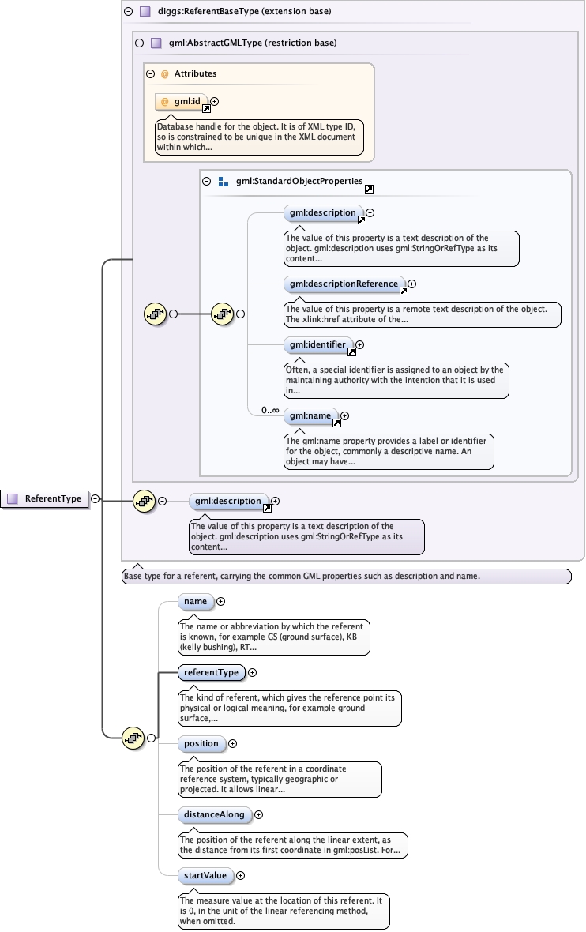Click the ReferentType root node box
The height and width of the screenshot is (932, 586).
click(x=44, y=498)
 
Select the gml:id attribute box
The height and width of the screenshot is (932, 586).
click(x=182, y=102)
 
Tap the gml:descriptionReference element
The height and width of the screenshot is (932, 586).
click(x=344, y=284)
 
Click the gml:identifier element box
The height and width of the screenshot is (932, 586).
click(x=318, y=344)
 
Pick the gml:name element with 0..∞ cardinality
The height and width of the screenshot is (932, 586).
click(x=311, y=416)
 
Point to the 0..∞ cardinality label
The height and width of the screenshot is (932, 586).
click(x=270, y=410)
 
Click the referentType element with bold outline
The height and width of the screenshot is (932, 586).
click(x=211, y=673)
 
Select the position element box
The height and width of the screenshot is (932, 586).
click(x=201, y=743)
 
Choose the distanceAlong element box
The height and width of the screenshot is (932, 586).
click(x=215, y=815)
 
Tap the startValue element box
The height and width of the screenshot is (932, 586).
click(x=205, y=876)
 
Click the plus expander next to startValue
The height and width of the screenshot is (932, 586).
click(x=240, y=876)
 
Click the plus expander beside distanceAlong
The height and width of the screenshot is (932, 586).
click(x=258, y=815)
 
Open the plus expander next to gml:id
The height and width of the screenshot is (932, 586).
click(x=214, y=102)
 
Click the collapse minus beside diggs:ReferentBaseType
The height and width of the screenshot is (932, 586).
click(x=128, y=11)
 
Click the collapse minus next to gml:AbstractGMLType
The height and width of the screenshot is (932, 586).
click(x=139, y=43)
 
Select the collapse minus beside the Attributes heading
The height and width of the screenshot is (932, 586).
click(x=150, y=74)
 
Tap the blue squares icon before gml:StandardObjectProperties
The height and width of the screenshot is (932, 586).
click(x=224, y=182)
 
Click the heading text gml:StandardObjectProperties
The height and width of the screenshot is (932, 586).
click(x=299, y=182)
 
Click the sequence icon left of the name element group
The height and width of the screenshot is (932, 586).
click(x=133, y=738)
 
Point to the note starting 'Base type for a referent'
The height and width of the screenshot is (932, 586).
click(x=347, y=577)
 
